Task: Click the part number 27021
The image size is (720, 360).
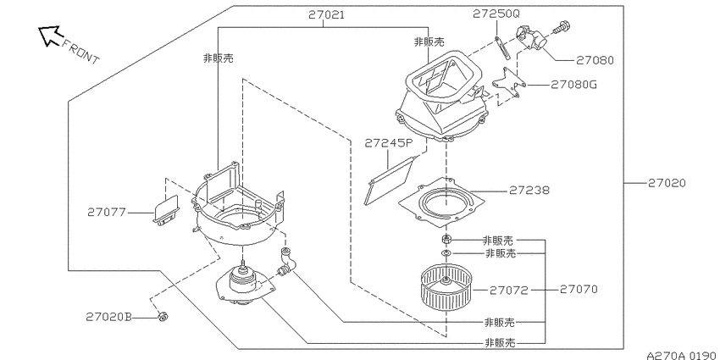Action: coord(326,14)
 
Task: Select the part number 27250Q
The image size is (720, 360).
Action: coord(496,14)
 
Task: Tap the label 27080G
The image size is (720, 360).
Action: coord(573,85)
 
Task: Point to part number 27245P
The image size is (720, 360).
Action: coord(389,143)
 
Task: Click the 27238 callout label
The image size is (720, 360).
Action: coord(529,190)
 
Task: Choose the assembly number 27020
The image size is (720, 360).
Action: coord(667,183)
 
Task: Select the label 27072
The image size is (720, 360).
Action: coord(509,290)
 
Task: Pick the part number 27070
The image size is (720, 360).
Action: coord(579,289)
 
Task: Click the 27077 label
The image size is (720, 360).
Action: coord(106,212)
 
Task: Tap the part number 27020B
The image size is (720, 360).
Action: coord(108,317)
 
